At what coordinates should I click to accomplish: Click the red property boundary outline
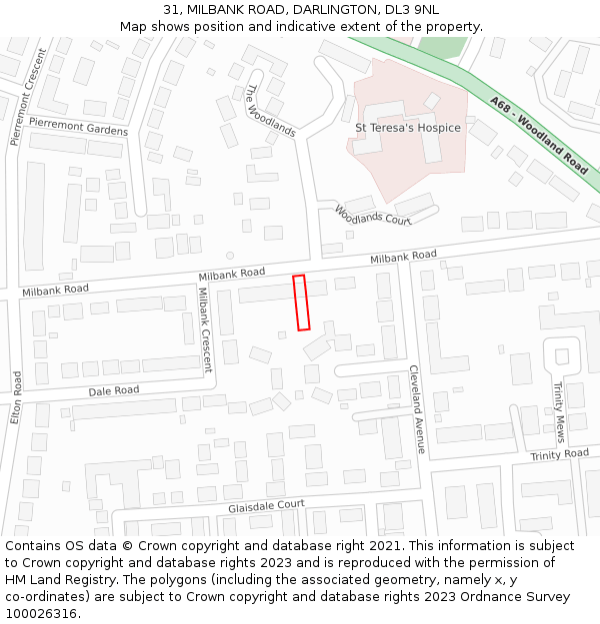click(301, 303)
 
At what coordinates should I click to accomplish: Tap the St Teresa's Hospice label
click(408, 128)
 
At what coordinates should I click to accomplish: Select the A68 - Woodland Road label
click(539, 134)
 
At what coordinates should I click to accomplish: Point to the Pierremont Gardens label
click(78, 125)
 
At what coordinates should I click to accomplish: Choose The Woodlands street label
click(270, 110)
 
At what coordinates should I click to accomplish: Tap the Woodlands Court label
click(373, 216)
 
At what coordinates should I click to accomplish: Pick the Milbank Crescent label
click(204, 329)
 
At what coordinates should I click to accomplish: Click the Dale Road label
click(113, 390)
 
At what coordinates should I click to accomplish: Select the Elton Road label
click(16, 397)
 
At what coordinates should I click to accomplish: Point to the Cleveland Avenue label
click(417, 408)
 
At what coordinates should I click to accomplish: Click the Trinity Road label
click(560, 454)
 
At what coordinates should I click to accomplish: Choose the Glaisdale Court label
click(265, 506)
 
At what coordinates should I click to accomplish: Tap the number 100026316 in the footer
click(42, 613)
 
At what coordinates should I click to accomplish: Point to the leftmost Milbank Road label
click(55, 290)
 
